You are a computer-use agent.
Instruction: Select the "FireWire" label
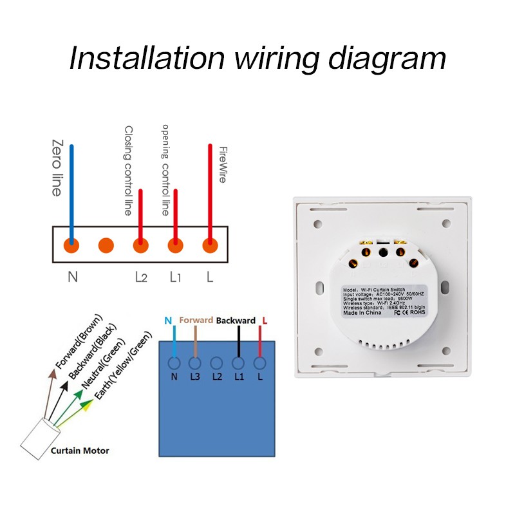tap(222, 165)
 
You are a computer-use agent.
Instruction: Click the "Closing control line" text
tap(128, 170)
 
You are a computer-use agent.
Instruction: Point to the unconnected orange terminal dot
tap(106, 245)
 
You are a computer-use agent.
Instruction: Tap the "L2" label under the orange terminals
tap(141, 277)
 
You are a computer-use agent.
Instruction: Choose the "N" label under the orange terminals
tap(72, 277)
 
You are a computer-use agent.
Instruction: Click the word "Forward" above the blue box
tap(196, 320)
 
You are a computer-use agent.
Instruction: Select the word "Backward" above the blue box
tap(236, 320)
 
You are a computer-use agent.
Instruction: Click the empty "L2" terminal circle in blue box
tap(217, 362)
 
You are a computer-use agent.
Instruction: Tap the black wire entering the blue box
tap(238, 341)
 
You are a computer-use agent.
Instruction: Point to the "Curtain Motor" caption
tap(80, 451)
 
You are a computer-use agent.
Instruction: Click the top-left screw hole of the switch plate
tap(317, 225)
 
